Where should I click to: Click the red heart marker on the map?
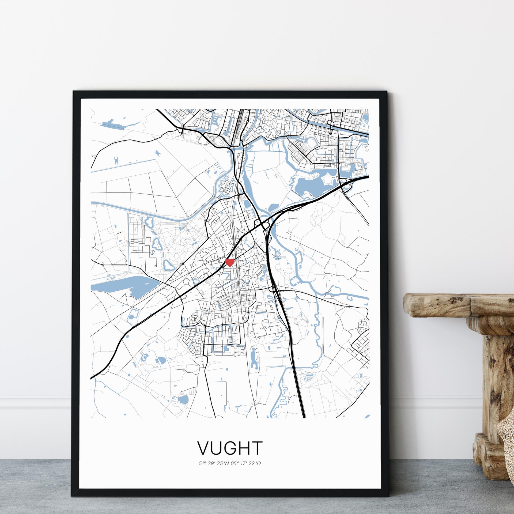(x=230, y=262)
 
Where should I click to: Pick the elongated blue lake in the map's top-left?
(x=112, y=123)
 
